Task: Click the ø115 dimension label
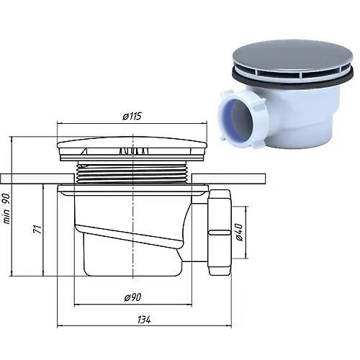[x=132, y=117]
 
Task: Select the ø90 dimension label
[x=132, y=297]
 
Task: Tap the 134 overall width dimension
[x=144, y=320]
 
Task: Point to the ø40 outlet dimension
[x=239, y=232]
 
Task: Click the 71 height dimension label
[x=37, y=230]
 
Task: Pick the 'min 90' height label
[x=6, y=209]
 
